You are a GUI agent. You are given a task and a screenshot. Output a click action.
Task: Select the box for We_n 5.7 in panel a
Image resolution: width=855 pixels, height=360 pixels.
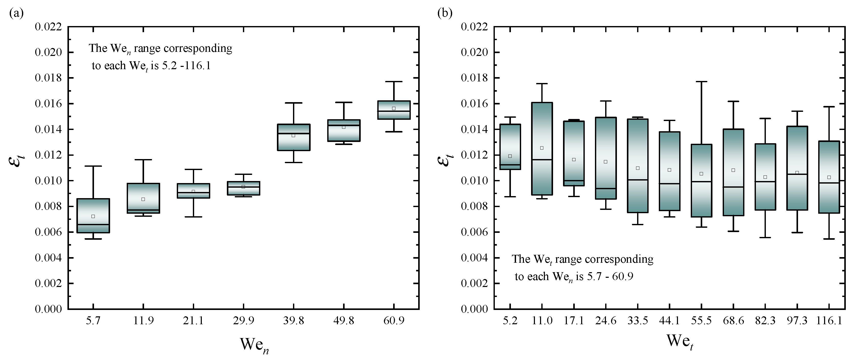tap(93, 216)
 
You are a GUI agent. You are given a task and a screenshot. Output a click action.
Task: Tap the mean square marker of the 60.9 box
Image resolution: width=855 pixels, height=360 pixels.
tap(394, 109)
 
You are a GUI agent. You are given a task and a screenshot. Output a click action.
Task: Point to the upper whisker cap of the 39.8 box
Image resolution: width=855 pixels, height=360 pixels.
tap(294, 103)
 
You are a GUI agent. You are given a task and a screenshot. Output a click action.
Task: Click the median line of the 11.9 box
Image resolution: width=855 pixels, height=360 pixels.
tap(143, 210)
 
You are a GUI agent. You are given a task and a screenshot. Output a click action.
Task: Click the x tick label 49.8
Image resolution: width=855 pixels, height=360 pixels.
tap(344, 321)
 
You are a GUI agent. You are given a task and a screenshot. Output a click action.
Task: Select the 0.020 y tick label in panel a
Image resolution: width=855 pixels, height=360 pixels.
tap(49, 52)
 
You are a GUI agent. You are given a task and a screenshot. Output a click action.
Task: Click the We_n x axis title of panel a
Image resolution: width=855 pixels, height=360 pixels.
tap(254, 345)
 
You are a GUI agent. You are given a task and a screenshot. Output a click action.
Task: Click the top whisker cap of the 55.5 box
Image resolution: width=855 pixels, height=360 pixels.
tap(701, 82)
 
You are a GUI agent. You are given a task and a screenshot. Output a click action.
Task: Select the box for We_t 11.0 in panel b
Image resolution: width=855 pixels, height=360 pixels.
tap(542, 149)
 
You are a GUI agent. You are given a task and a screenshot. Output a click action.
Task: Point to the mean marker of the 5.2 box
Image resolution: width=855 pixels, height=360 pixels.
tap(510, 156)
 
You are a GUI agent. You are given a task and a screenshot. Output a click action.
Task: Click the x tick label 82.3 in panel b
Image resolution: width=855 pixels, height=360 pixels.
tap(765, 321)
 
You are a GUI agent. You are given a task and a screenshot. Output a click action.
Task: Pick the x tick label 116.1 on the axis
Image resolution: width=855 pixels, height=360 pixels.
tap(829, 321)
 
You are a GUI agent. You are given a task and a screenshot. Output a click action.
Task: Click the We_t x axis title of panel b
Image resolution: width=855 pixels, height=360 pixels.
tap(680, 342)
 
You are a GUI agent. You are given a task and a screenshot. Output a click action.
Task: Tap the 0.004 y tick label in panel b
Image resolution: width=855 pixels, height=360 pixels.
tap(475, 258)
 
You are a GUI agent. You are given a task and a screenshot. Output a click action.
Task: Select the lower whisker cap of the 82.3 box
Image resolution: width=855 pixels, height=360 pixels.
tap(765, 237)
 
